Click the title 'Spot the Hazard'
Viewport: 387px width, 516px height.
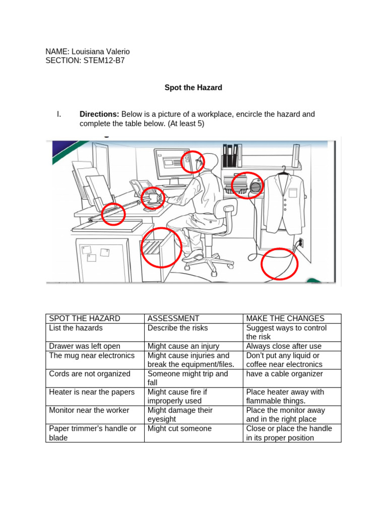pos(193,88)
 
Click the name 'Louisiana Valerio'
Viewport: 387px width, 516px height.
pos(101,52)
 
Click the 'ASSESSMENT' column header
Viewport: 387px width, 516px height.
pos(173,318)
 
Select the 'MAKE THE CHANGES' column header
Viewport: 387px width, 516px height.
pos(285,318)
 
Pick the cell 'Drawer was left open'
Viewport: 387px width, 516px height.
pos(84,346)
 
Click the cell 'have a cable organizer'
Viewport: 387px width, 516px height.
pos(285,374)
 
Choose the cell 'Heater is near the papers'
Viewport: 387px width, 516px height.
pos(92,392)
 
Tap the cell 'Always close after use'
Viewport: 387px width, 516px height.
pos(284,346)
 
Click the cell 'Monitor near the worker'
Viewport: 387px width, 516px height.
pos(89,410)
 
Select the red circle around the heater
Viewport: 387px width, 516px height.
pos(247,185)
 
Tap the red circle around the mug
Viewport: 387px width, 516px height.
pos(153,198)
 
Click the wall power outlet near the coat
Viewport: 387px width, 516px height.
pos(301,243)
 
